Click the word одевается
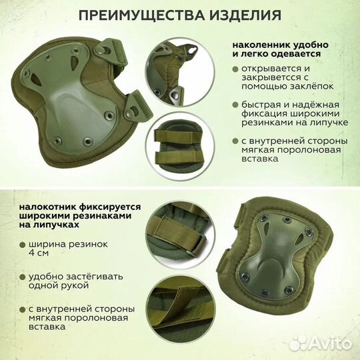coord(297,53)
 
